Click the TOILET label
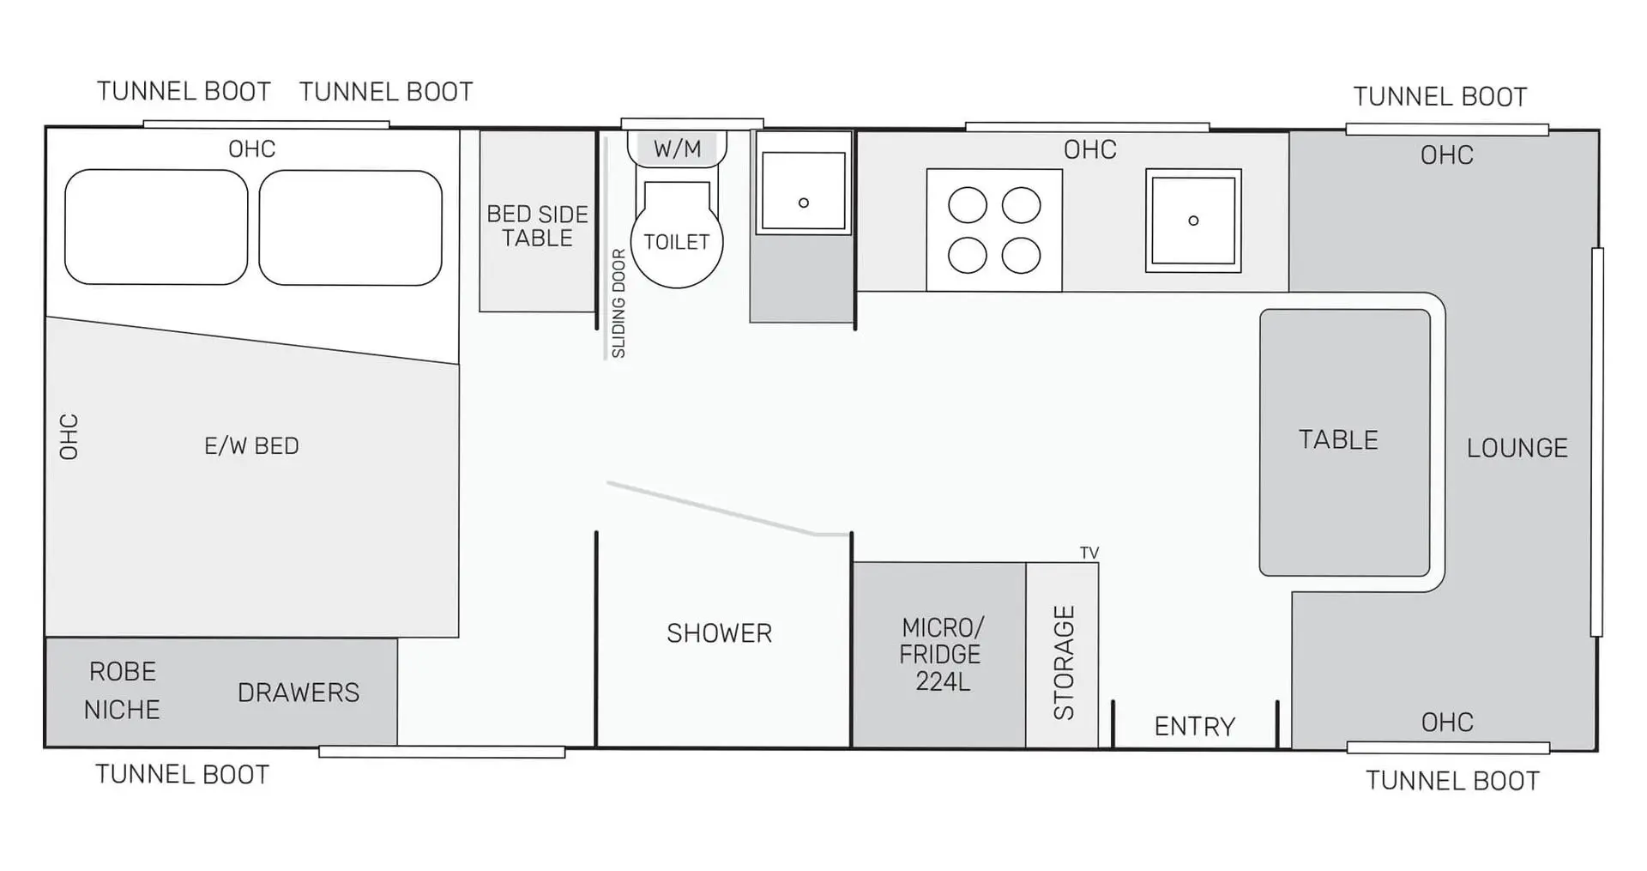(x=677, y=242)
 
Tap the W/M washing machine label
(x=677, y=149)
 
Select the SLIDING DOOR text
(x=618, y=304)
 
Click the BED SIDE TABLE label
(x=537, y=226)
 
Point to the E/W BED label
(x=251, y=446)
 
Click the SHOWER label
(x=719, y=633)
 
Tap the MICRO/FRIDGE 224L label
(x=941, y=654)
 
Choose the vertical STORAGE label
(x=1064, y=662)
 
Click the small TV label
(x=1089, y=553)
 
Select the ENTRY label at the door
(x=1195, y=727)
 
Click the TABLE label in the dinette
(x=1338, y=439)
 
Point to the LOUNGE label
(x=1517, y=448)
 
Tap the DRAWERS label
(x=299, y=693)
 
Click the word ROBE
(x=123, y=671)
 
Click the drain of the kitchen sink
(x=1193, y=221)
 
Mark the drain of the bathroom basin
(x=804, y=203)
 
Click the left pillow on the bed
(x=156, y=227)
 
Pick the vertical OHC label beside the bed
(x=69, y=437)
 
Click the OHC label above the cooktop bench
(x=1090, y=150)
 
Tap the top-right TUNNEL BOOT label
(x=1440, y=97)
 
